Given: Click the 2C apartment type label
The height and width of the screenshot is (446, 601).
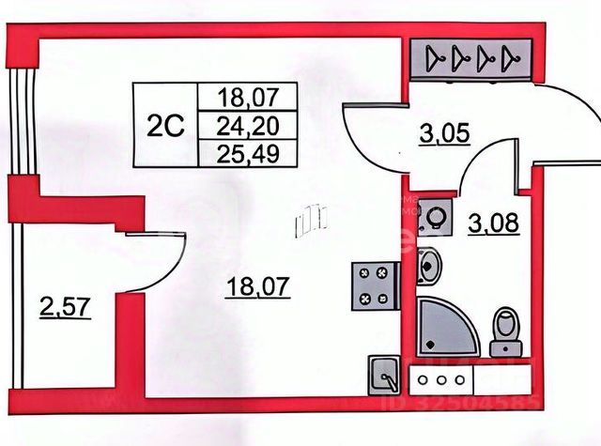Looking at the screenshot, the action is coord(164,124).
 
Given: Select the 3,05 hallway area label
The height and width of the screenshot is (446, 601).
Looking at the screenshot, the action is coord(443,138).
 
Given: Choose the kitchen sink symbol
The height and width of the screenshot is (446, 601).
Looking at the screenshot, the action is coord(385,375).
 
